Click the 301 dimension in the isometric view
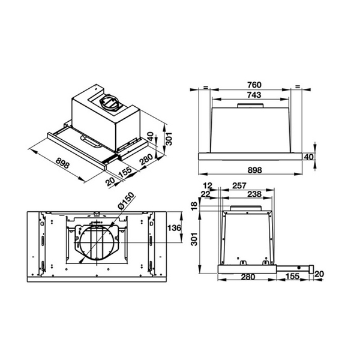169,140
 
